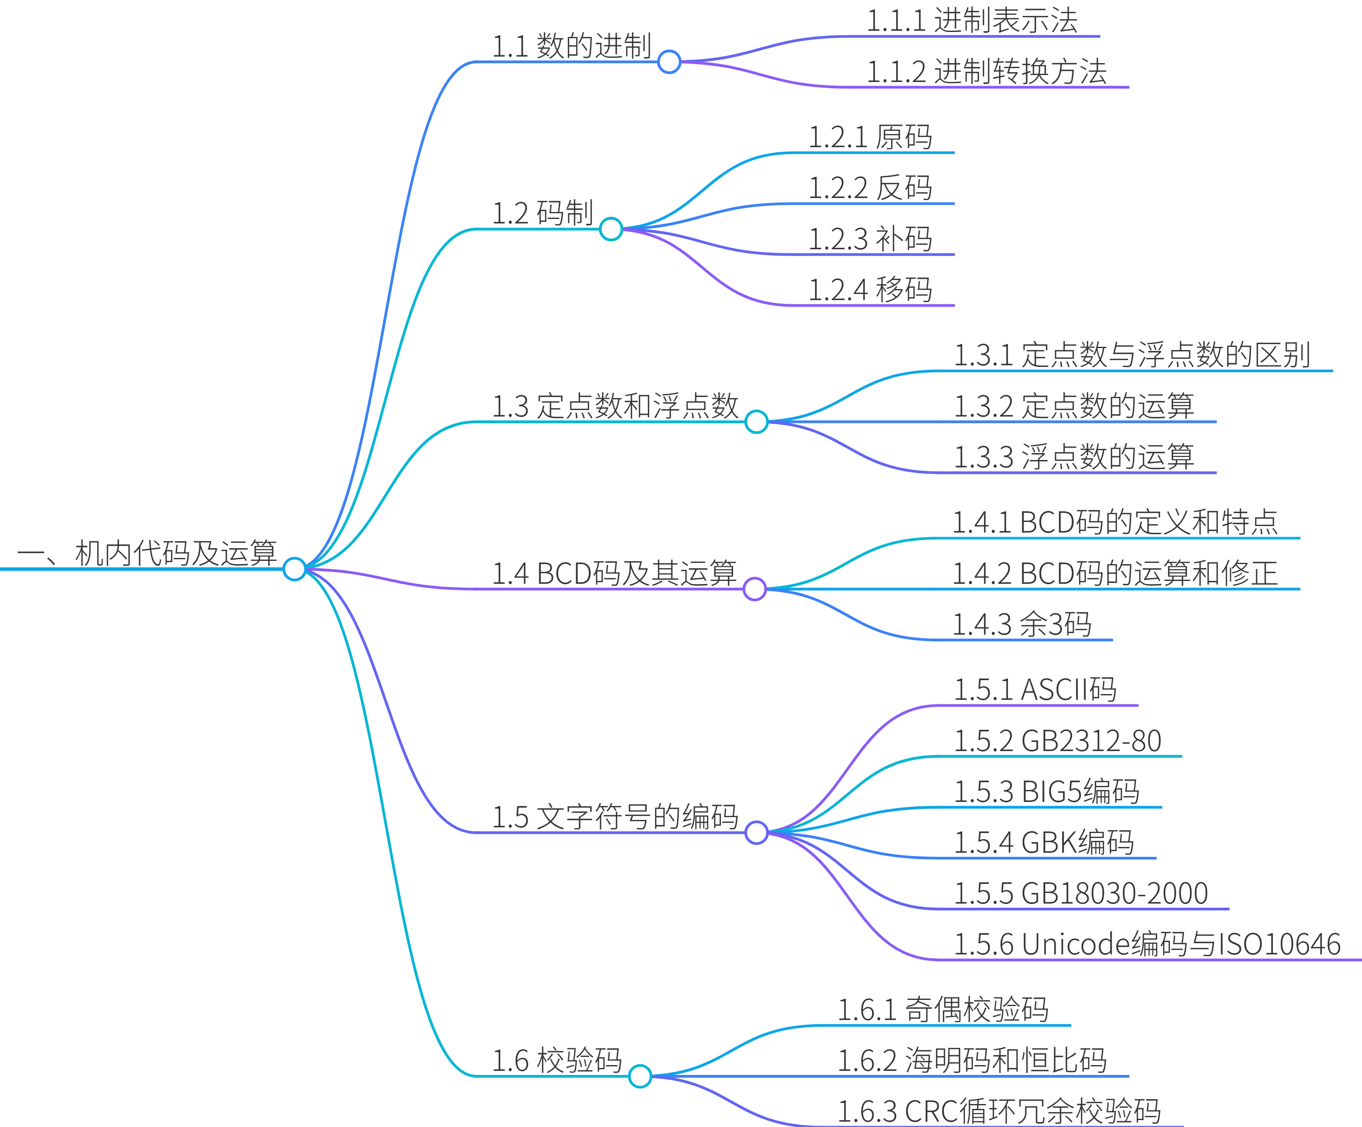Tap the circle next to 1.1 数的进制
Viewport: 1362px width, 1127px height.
[x=668, y=62]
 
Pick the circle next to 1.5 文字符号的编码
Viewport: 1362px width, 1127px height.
[x=756, y=833]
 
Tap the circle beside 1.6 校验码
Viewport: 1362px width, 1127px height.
[x=640, y=1077]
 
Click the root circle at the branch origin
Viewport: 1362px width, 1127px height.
[x=294, y=569]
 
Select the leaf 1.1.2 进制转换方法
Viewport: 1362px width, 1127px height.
[x=986, y=71]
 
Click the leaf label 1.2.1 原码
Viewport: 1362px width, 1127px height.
[x=870, y=137]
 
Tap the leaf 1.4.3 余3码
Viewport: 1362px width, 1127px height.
[x=1022, y=624]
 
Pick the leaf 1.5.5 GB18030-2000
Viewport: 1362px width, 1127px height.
[x=1081, y=894]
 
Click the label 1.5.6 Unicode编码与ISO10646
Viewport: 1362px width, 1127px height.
[x=1147, y=944]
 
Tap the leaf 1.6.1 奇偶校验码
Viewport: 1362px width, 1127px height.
[x=942, y=1010]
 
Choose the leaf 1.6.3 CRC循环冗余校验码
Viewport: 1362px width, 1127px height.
[x=999, y=1111]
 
